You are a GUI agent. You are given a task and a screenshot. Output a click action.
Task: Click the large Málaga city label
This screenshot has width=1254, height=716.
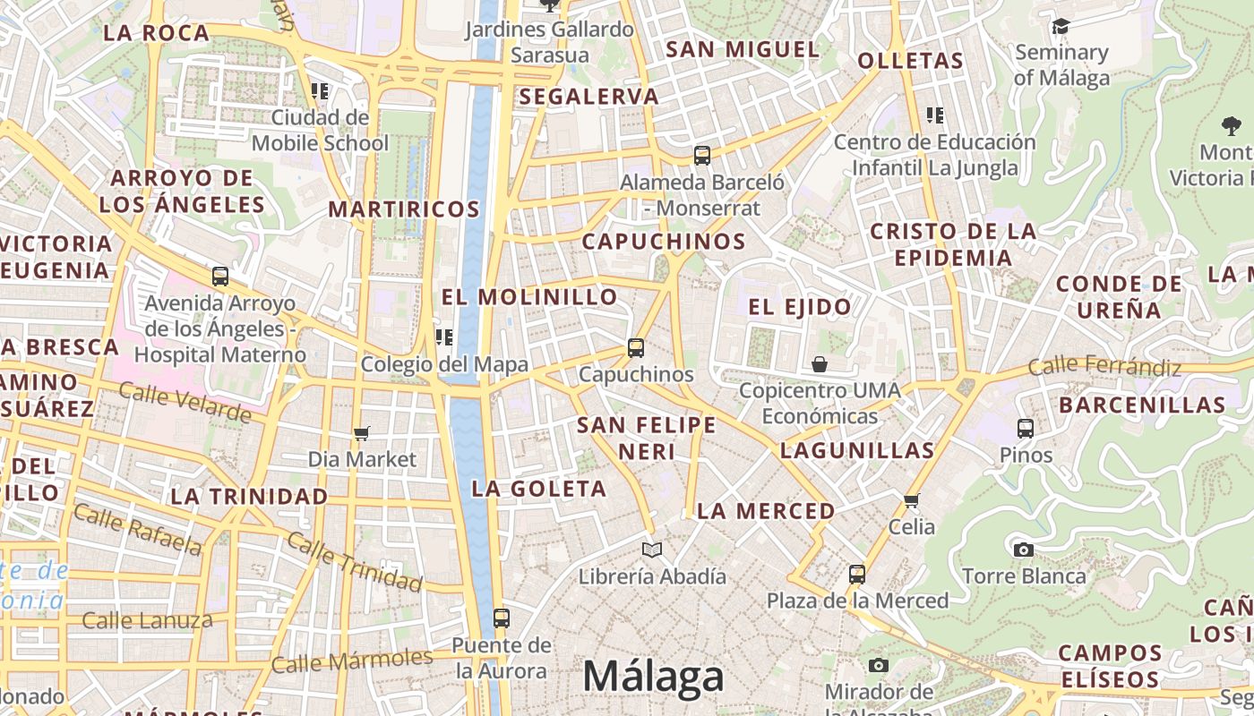(x=653, y=678)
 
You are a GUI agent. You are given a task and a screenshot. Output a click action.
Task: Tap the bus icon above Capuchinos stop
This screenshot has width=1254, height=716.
(x=636, y=348)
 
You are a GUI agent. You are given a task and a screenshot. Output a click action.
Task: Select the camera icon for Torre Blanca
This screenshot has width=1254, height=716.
(x=1024, y=550)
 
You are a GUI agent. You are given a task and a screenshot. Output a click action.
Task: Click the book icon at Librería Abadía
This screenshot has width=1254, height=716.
(x=652, y=550)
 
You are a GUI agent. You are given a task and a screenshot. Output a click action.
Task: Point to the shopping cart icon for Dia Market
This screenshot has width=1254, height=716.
(x=362, y=433)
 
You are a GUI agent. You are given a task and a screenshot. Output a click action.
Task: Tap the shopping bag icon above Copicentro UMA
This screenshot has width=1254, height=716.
(x=819, y=364)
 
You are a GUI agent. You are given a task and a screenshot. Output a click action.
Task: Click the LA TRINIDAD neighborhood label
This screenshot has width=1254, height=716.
(x=249, y=496)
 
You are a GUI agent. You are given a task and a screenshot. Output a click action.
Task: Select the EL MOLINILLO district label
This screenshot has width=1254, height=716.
(x=529, y=296)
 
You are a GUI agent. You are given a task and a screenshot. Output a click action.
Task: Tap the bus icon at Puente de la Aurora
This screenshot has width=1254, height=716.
(x=502, y=618)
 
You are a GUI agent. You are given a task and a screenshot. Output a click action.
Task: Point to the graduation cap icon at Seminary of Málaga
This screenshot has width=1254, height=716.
(x=1061, y=27)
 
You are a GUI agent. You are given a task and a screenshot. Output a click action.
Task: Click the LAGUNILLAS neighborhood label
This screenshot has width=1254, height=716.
(x=857, y=450)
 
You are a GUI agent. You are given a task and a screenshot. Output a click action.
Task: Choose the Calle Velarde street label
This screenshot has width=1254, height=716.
(x=185, y=403)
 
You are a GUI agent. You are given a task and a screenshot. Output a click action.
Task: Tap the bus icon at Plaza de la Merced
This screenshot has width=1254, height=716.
(x=857, y=574)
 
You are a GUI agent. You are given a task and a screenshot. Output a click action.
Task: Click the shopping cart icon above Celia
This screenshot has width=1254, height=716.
(x=912, y=500)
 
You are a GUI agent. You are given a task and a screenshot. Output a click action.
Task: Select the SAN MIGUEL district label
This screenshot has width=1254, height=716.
(x=743, y=49)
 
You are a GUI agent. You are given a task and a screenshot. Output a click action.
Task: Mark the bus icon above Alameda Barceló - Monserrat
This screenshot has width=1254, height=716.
(x=702, y=156)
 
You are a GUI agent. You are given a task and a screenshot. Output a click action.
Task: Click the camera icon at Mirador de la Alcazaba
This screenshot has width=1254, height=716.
(x=879, y=665)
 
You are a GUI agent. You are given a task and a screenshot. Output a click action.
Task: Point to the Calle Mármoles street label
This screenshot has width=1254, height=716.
(x=351, y=661)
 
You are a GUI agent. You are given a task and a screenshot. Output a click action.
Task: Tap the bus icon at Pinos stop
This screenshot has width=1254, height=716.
(x=1026, y=429)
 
